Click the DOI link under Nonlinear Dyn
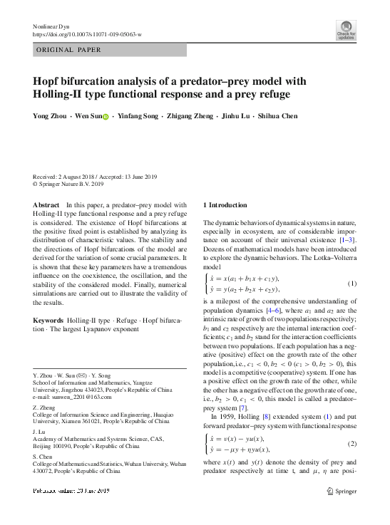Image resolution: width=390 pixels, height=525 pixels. click(88, 33)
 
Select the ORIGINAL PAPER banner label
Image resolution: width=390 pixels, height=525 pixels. click(69, 50)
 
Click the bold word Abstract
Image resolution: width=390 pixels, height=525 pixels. click(46, 204)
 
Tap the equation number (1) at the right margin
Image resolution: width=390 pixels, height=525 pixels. click(351, 284)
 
